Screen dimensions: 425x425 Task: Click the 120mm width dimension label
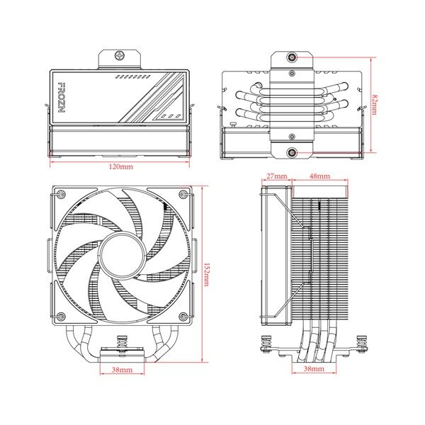point(121,166)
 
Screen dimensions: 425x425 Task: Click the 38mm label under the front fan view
point(122,370)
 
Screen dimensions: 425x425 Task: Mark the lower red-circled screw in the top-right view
point(293,151)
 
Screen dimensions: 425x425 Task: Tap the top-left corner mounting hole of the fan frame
point(61,194)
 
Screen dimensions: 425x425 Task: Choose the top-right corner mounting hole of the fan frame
point(182,194)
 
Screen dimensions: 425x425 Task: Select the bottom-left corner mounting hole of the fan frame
point(61,316)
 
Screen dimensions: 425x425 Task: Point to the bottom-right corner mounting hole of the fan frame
point(182,316)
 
